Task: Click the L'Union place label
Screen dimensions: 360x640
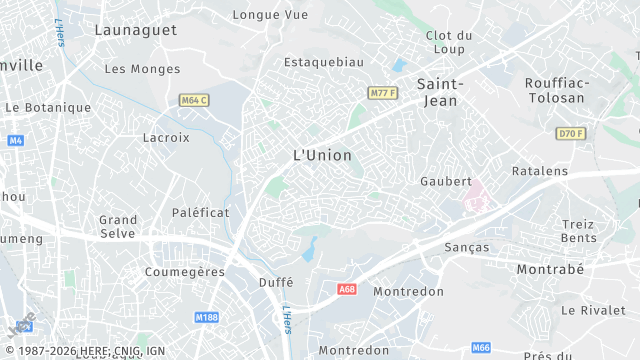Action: pos(322,155)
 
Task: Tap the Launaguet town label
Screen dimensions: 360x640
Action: pos(135,30)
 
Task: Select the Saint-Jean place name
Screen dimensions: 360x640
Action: pos(437,92)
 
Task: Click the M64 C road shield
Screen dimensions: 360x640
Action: pos(194,100)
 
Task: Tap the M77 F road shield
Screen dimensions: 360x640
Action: pos(383,93)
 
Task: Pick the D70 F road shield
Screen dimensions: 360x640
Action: pos(571,133)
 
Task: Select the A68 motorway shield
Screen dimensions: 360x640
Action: pos(347,289)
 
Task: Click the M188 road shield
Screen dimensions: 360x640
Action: pos(207,317)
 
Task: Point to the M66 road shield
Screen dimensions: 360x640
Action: pos(481,347)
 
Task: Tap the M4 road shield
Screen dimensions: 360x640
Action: pos(15,140)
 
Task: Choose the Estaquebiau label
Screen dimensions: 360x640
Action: pos(323,62)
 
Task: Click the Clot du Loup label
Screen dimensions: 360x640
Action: pos(449,42)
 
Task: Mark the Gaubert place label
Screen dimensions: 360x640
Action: pos(446,181)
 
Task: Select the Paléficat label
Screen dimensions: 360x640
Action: pos(201,213)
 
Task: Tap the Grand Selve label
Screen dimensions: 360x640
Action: pos(118,226)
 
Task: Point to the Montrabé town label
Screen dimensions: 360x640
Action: pos(550,270)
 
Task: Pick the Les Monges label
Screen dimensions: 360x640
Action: pos(143,69)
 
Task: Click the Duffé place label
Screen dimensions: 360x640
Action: pos(275,282)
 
